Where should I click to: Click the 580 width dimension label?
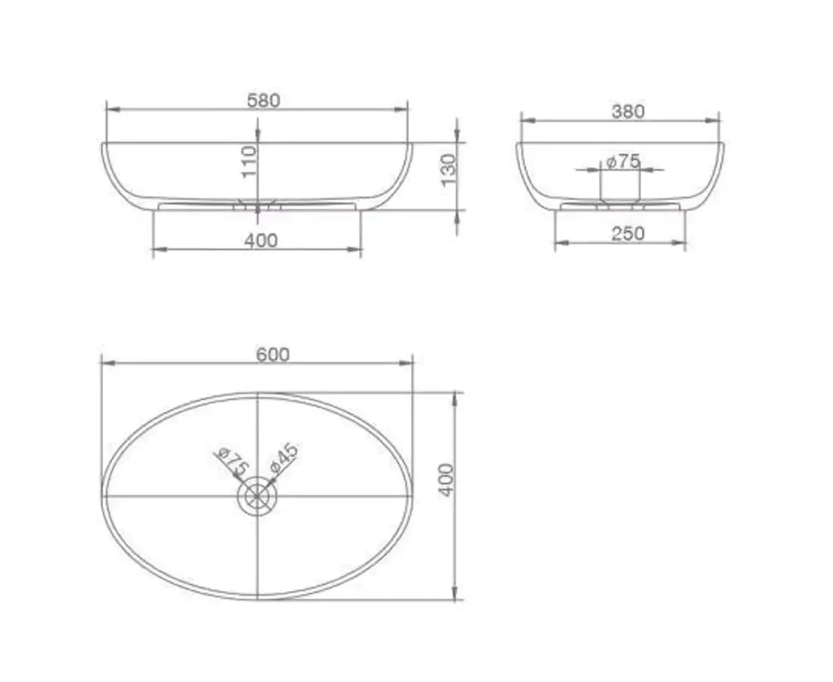click(x=263, y=100)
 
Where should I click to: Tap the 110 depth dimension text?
click(x=249, y=162)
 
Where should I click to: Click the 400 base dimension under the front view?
click(x=261, y=240)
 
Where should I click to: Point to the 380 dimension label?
click(x=628, y=112)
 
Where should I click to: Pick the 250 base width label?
click(x=628, y=234)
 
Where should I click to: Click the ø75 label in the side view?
click(x=623, y=162)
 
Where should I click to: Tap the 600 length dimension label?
click(x=273, y=354)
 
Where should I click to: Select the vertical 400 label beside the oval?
click(x=446, y=480)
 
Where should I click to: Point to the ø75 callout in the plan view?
click(x=232, y=462)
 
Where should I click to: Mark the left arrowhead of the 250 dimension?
click(x=561, y=242)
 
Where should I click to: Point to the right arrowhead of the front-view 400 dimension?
click(x=357, y=249)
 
